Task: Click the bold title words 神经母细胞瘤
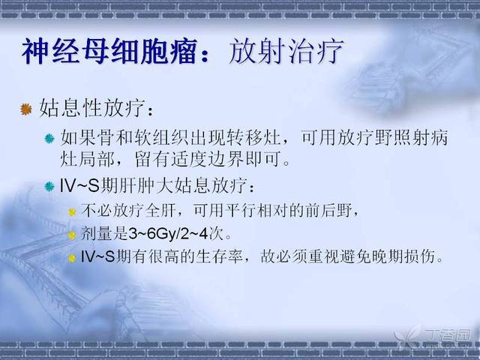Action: click(x=109, y=51)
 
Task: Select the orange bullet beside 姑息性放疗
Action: click(x=26, y=109)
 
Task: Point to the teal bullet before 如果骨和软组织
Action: click(x=49, y=138)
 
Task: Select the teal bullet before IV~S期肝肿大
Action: click(x=49, y=186)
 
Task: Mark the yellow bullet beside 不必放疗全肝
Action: click(x=72, y=211)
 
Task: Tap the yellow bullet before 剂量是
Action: click(x=72, y=235)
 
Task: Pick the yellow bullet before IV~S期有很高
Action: click(x=72, y=258)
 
